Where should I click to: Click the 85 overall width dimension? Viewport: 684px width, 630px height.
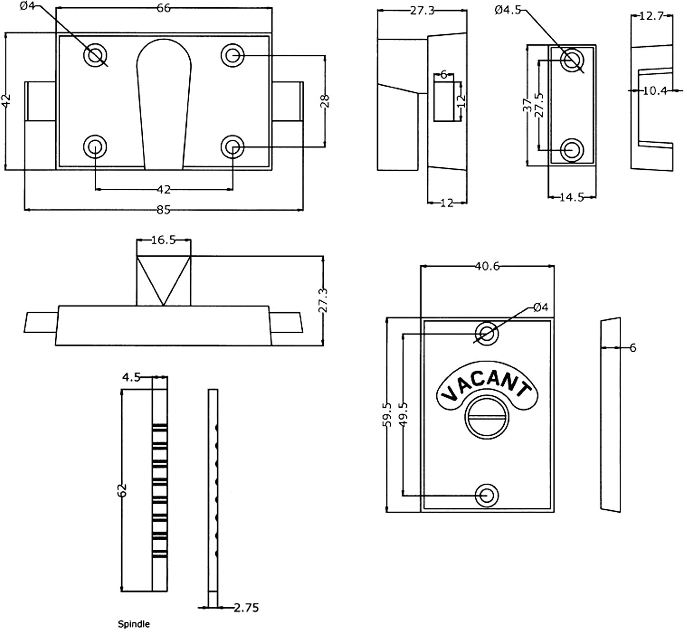(x=164, y=210)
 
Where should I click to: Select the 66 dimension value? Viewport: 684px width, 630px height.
(x=164, y=8)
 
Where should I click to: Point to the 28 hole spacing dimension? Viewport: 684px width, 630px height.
(x=325, y=101)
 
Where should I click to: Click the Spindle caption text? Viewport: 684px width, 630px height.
(x=134, y=624)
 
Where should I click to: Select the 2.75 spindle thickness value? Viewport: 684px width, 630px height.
(x=246, y=607)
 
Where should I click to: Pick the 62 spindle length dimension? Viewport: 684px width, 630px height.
(x=122, y=490)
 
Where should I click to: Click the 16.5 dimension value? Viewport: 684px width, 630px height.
(x=163, y=240)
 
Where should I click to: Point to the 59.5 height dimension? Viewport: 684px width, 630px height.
(x=387, y=414)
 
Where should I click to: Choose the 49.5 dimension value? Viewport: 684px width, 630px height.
(x=403, y=414)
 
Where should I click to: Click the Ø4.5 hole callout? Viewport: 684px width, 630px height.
(x=507, y=10)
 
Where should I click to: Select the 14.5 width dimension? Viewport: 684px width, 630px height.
(x=571, y=197)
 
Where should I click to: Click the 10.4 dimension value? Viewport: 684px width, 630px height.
(x=655, y=91)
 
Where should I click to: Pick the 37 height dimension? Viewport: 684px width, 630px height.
(x=528, y=105)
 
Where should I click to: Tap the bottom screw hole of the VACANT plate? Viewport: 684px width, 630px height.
(x=487, y=495)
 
